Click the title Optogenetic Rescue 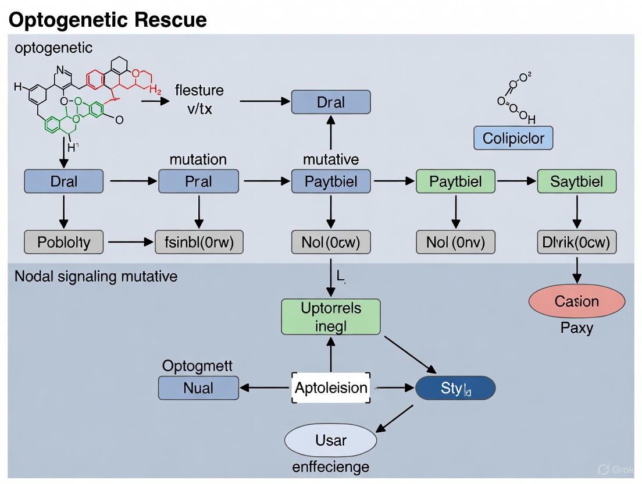(108, 20)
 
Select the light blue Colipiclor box (513, 138)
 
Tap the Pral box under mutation (198, 181)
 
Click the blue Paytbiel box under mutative (330, 181)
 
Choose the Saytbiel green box (576, 181)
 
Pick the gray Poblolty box (63, 242)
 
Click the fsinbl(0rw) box (199, 242)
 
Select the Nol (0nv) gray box (455, 242)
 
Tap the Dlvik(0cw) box (576, 242)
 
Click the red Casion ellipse (576, 301)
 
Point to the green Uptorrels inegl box (330, 317)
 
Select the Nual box (198, 388)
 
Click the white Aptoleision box (330, 388)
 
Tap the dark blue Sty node (455, 388)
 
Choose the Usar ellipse (330, 440)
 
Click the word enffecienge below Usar (330, 467)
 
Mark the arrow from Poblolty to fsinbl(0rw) (130, 242)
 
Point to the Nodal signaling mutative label (95, 276)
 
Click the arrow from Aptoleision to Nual (265, 388)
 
